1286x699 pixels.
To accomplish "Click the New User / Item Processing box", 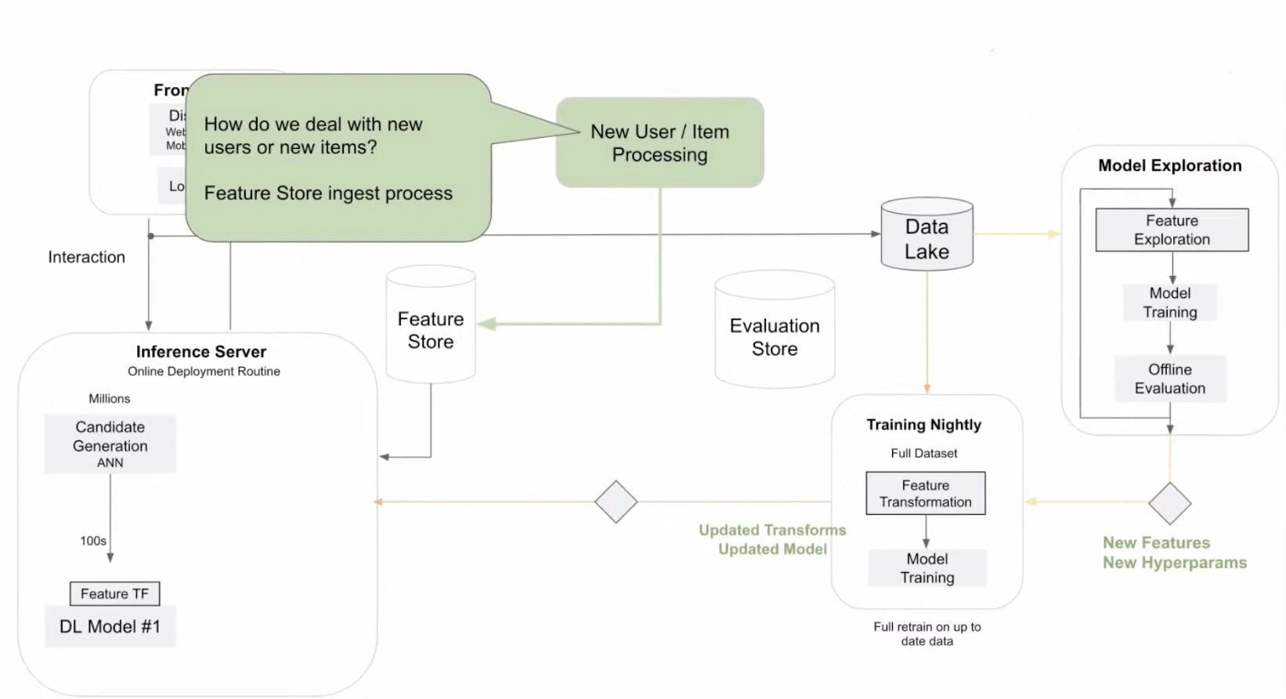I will [x=659, y=143].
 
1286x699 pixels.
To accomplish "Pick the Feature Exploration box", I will [x=1172, y=230].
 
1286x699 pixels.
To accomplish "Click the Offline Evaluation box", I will [x=1170, y=378].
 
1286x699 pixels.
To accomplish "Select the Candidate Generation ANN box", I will [x=110, y=444].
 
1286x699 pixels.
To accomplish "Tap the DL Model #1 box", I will [x=110, y=626].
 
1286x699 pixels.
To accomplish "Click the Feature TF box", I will [x=114, y=593].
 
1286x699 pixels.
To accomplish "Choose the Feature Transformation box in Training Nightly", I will [x=925, y=493].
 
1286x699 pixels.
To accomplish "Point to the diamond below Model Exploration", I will [x=1169, y=503].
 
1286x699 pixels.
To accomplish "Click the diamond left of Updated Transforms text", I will [x=616, y=502].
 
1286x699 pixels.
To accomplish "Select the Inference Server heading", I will [x=200, y=352].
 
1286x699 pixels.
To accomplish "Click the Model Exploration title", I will [x=1169, y=165].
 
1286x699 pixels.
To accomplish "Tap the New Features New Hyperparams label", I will [x=1174, y=552].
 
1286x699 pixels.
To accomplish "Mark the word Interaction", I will [x=86, y=257].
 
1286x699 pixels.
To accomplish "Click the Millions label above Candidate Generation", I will [x=109, y=398].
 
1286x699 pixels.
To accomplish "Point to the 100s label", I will [x=93, y=541].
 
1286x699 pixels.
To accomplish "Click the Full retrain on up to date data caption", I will [x=927, y=633].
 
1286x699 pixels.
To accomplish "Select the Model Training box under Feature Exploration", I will [x=1169, y=302].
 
